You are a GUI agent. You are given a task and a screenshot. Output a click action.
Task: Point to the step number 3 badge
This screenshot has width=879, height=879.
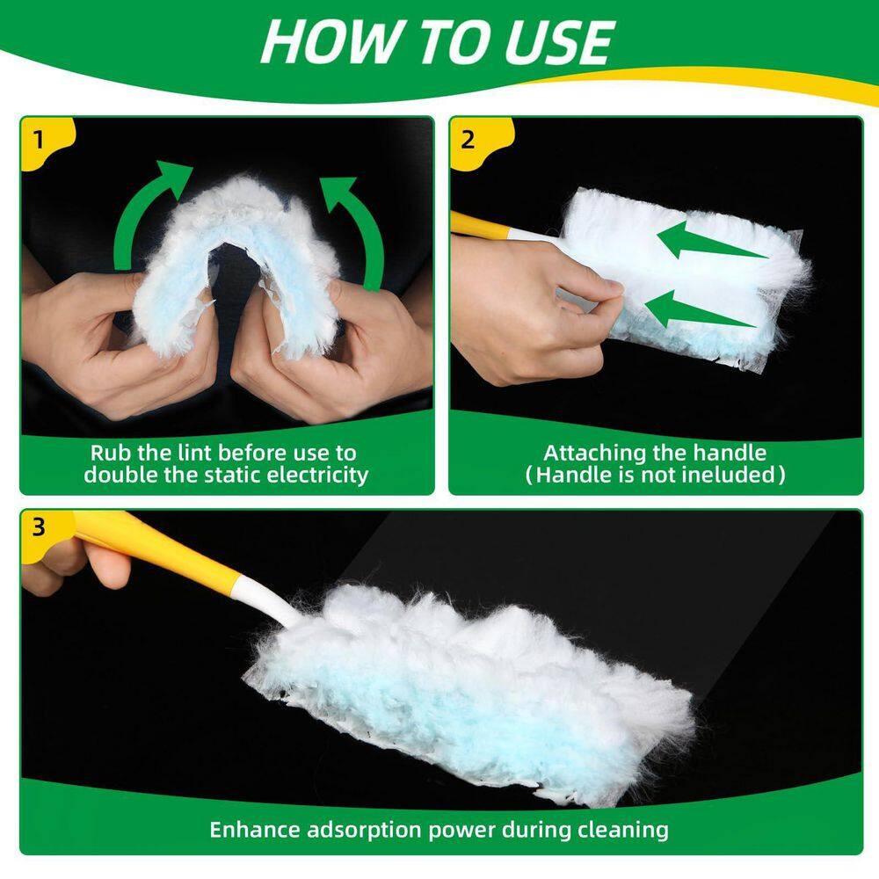(x=38, y=527)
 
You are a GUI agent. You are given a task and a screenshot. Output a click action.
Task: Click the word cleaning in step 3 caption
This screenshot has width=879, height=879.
(x=625, y=829)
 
